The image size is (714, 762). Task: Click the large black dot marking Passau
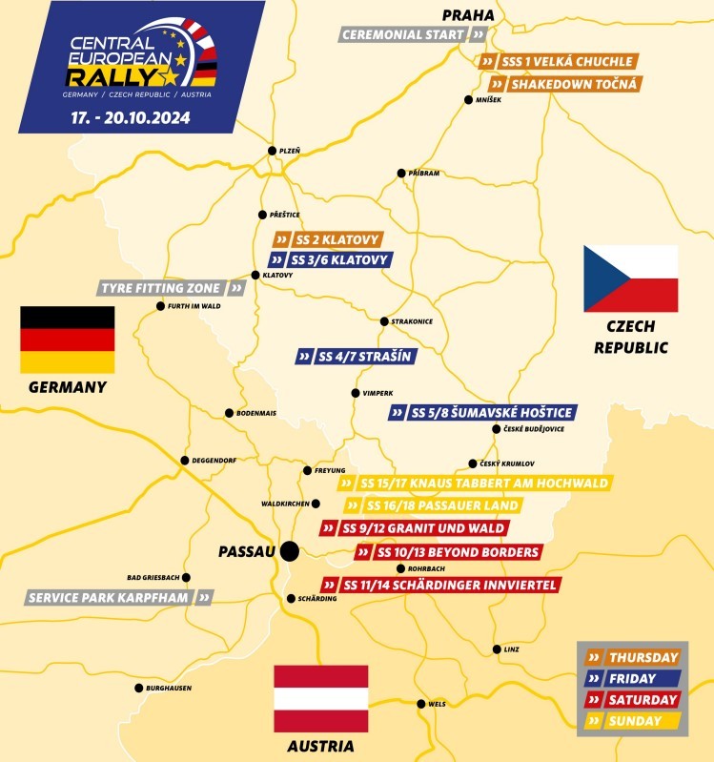click(290, 550)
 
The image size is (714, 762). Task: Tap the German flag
click(68, 340)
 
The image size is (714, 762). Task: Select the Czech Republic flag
click(630, 278)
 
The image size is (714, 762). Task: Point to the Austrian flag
click(320, 699)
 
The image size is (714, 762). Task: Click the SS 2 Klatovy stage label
click(328, 239)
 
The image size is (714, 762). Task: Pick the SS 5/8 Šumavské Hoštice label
click(482, 413)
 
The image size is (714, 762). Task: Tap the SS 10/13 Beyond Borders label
click(448, 552)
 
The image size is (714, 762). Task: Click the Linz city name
click(512, 649)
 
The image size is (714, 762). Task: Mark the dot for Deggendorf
click(185, 460)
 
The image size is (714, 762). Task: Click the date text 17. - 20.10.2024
click(130, 120)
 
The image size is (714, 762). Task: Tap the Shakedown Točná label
click(561, 84)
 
